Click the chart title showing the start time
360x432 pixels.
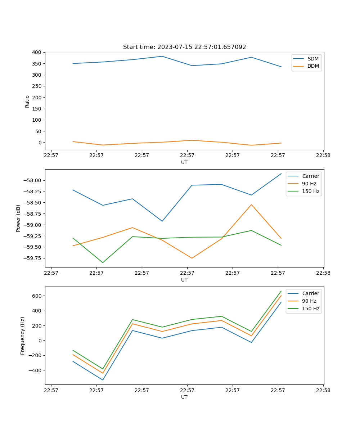point(184,47)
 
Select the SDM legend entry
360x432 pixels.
point(313,59)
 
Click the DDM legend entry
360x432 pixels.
point(313,66)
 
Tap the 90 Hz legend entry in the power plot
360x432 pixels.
point(309,184)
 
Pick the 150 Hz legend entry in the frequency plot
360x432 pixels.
point(311,309)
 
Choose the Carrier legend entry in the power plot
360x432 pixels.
point(310,176)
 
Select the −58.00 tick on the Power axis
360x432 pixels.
point(33,180)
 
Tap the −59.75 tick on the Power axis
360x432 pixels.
point(33,258)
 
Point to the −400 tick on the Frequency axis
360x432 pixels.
point(35,370)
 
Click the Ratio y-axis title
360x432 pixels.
point(27,101)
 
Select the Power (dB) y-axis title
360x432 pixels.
point(18,218)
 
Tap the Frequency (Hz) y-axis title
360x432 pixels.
point(23,336)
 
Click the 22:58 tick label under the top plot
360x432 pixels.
point(323,156)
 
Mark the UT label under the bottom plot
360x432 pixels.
point(184,397)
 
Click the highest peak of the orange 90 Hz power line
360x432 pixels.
point(251,204)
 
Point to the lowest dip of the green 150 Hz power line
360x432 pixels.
point(103,262)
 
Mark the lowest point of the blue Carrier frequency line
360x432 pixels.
point(103,380)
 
